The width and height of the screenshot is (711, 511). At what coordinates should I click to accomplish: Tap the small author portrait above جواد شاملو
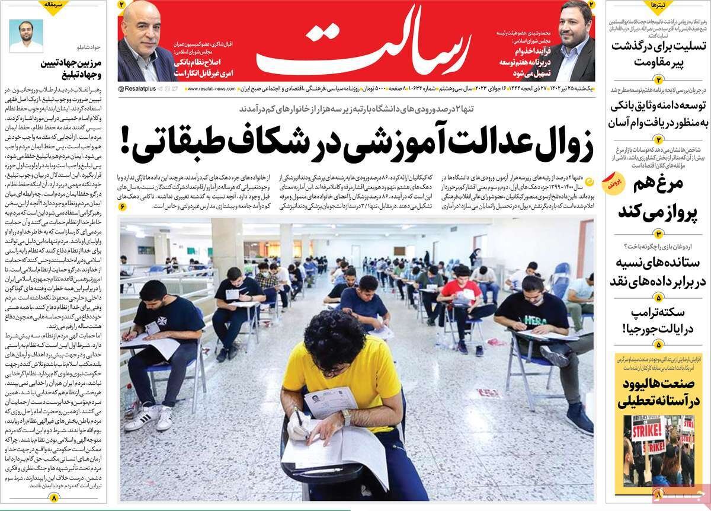[x=26, y=36]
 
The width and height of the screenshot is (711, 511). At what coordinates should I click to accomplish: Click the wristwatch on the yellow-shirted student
[x=347, y=417]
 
